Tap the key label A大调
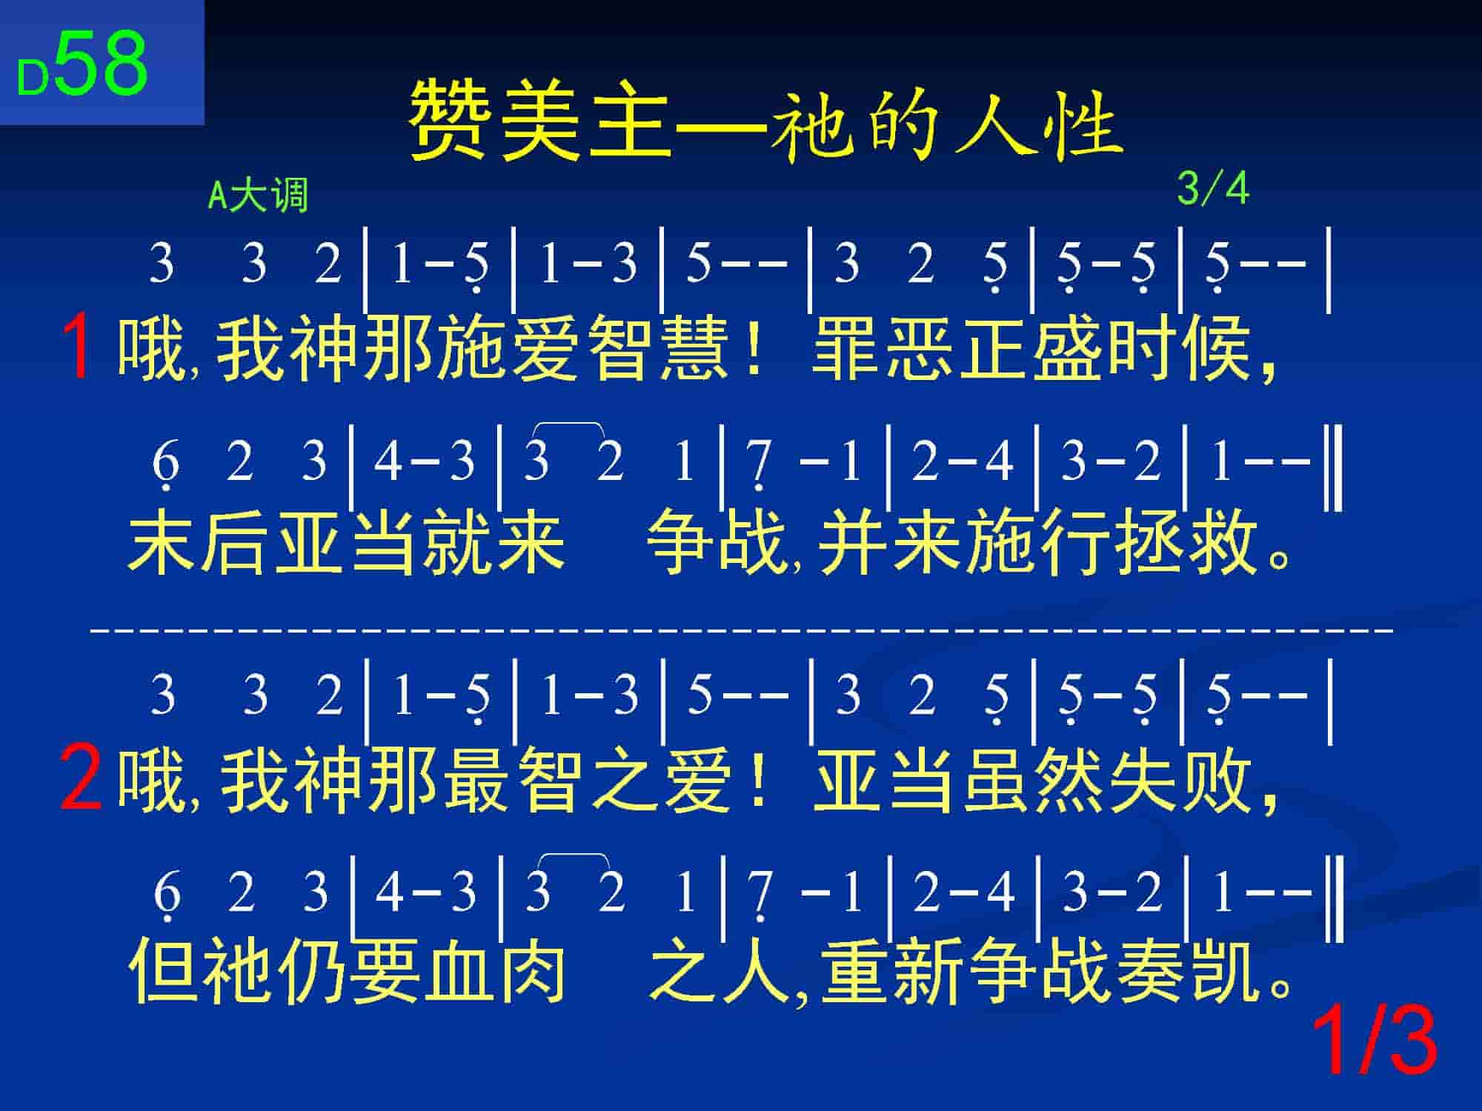258,196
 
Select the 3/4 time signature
1213,189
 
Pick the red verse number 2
81,778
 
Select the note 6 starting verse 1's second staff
165,464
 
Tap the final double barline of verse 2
1335,898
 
